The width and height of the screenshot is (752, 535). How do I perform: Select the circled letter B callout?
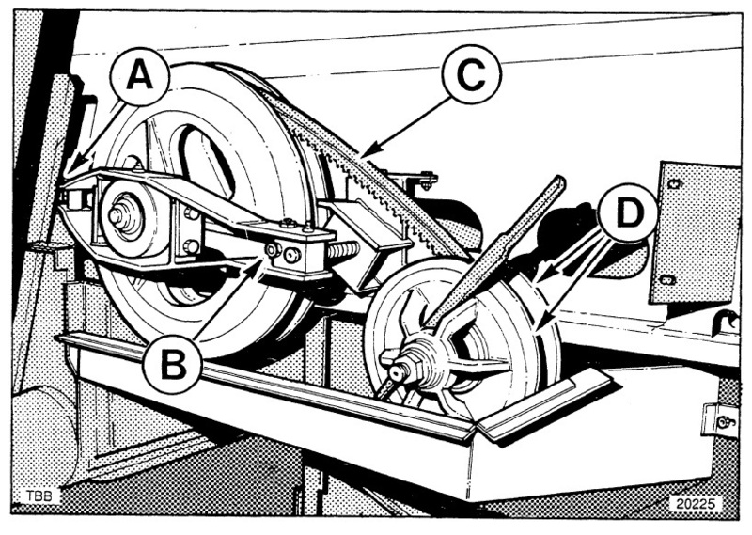coord(172,364)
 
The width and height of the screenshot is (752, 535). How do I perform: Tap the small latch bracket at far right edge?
coord(721,421)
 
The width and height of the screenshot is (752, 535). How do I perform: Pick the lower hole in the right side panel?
coord(666,279)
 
